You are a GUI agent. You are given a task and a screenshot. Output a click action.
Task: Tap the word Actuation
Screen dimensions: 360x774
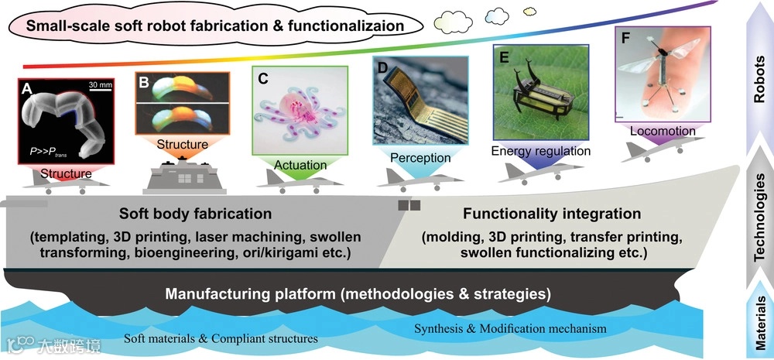[x=300, y=165]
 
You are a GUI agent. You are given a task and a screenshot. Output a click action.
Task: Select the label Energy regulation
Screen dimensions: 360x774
[x=541, y=150]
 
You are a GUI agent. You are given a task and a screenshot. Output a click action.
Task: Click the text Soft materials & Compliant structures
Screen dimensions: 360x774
[x=221, y=338]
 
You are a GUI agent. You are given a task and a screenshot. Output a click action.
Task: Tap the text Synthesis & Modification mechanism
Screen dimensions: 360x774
[x=510, y=329]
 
